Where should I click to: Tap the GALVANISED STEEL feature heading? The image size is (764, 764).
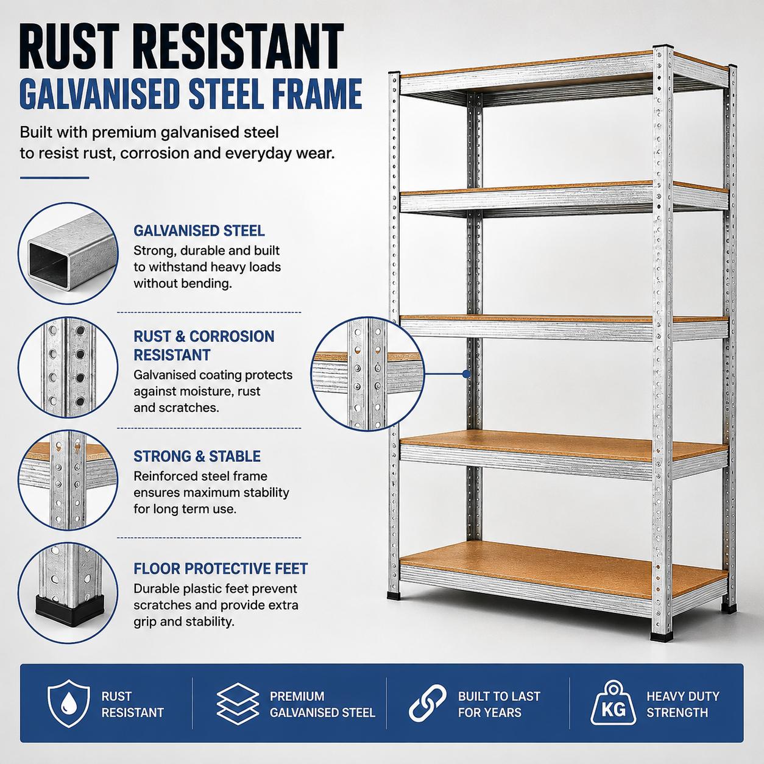click(x=199, y=231)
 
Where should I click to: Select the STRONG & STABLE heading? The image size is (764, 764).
click(x=197, y=456)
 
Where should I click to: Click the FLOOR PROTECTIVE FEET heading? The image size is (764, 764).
click(x=221, y=569)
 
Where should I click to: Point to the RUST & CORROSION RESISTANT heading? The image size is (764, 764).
click(x=203, y=345)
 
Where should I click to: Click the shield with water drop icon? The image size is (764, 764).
click(x=68, y=703)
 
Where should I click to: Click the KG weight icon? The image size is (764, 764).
click(x=614, y=703)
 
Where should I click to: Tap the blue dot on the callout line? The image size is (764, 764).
click(x=466, y=373)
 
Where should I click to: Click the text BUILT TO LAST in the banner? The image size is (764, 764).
click(x=499, y=696)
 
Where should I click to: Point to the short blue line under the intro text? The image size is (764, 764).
click(x=54, y=178)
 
